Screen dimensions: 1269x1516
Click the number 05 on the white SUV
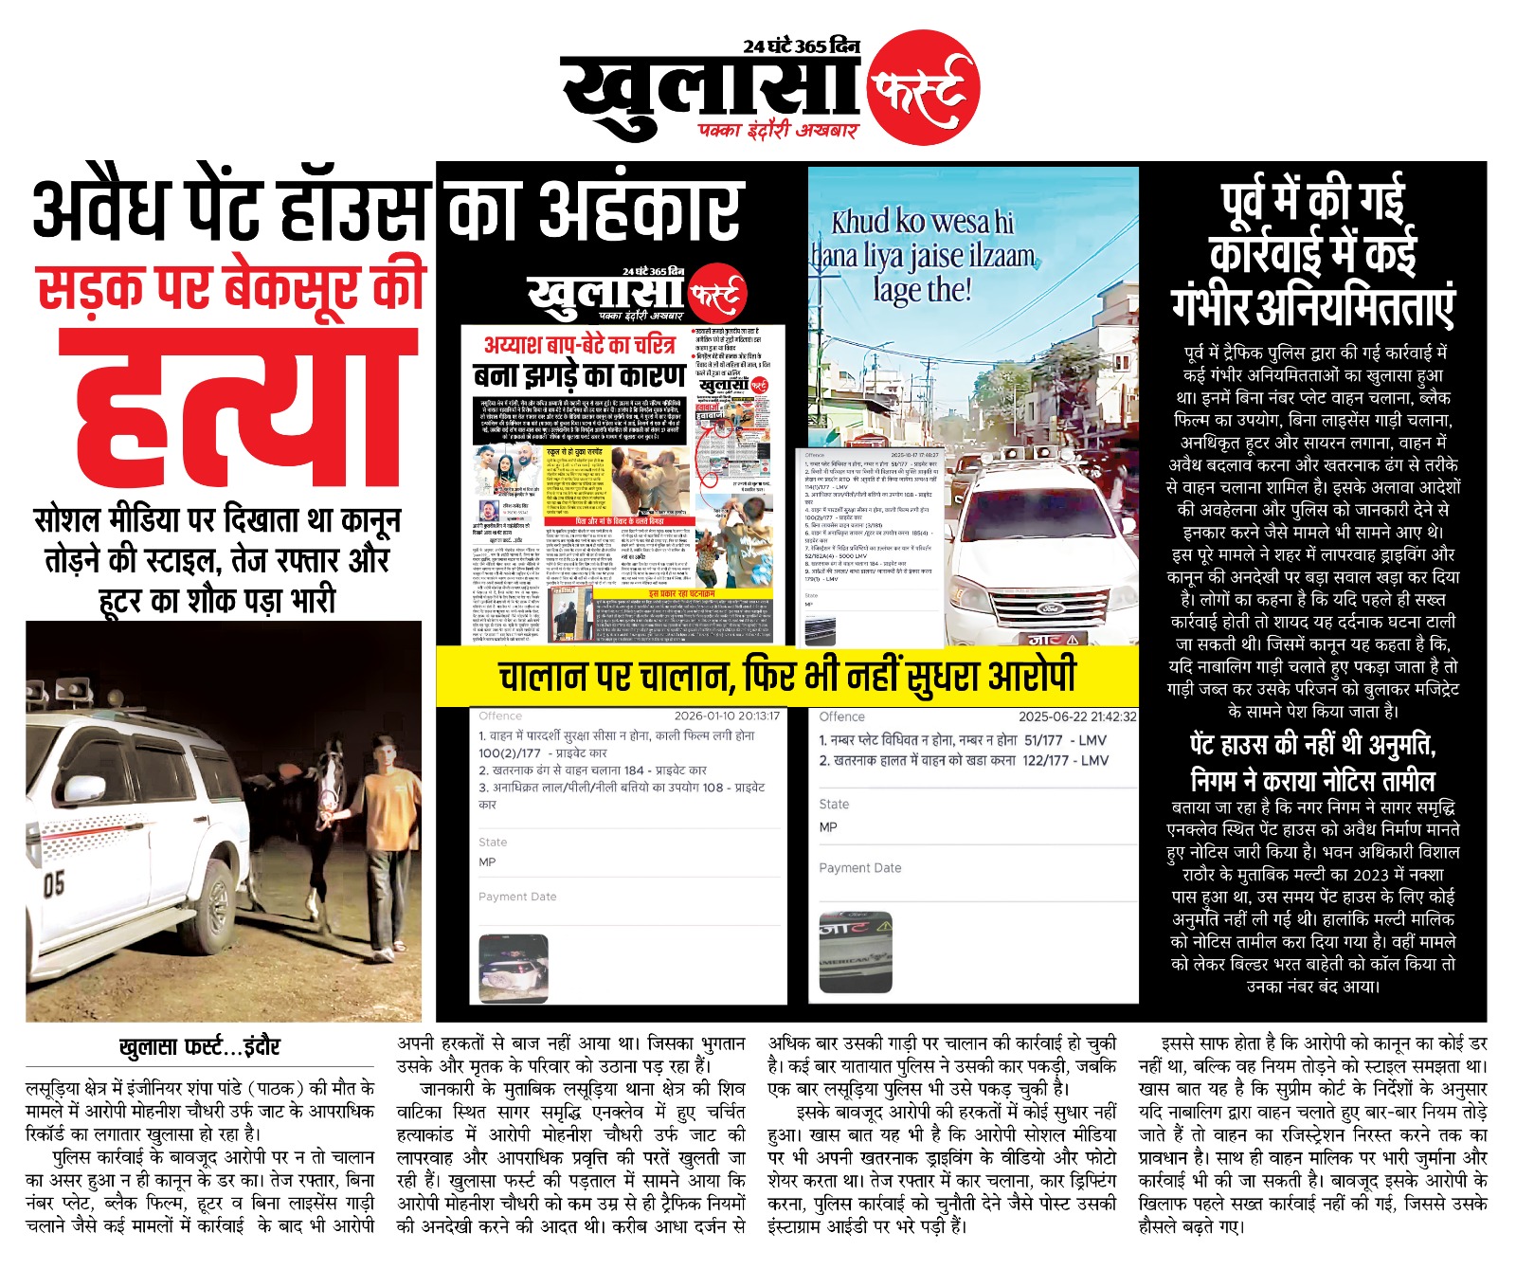54,884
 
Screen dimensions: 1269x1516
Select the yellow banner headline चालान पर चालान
786,677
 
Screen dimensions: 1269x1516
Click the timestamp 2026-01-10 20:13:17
726,716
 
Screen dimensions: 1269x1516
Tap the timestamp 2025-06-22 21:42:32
1077,716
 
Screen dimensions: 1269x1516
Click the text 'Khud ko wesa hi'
922,222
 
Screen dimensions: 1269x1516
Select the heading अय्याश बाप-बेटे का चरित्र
579,343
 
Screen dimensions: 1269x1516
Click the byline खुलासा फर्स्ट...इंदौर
199,1046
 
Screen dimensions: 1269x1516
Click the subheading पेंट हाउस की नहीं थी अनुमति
1312,745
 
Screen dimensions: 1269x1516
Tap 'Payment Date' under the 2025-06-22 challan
859,868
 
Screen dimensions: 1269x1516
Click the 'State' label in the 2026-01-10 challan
493,842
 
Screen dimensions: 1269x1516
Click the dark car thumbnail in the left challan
514,967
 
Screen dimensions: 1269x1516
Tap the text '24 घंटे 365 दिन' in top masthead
801,45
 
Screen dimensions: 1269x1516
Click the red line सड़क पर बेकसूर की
232,287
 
